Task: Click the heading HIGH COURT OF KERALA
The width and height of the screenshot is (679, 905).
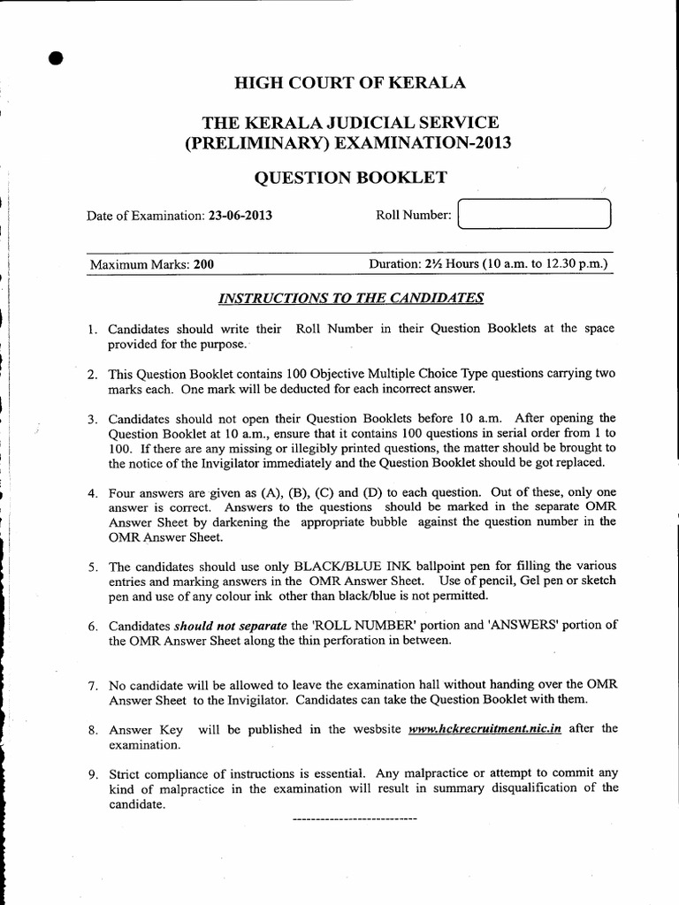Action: coord(349,84)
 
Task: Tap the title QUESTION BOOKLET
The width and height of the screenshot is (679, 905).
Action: coord(350,178)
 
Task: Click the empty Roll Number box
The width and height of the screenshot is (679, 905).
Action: coord(535,215)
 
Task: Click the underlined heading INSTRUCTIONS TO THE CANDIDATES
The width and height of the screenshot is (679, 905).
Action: coord(350,298)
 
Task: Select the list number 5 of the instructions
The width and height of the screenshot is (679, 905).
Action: coord(92,566)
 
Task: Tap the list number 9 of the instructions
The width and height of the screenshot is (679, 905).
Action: coord(92,774)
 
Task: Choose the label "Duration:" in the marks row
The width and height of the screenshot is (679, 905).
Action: coord(394,263)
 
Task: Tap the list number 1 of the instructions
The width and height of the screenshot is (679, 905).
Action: coord(92,329)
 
